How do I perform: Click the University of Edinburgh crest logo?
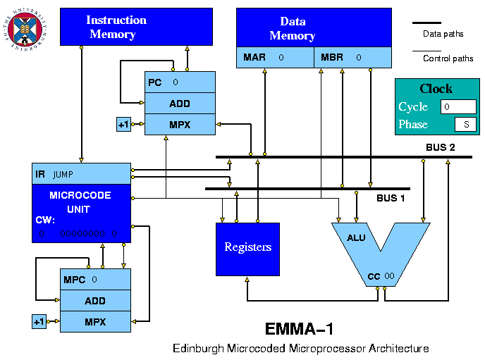pyautogui.click(x=26, y=27)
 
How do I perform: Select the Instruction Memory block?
pyautogui.click(x=116, y=27)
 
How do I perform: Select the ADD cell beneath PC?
pyautogui.click(x=180, y=104)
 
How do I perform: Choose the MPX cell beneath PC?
pyautogui.click(x=180, y=125)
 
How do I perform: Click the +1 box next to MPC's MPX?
pyautogui.click(x=39, y=322)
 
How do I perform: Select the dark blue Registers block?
pyautogui.click(x=247, y=249)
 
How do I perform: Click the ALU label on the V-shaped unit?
pyautogui.click(x=356, y=237)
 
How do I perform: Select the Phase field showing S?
pyautogui.click(x=465, y=125)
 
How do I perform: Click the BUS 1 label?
pyautogui.click(x=390, y=198)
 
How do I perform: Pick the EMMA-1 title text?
pyautogui.click(x=300, y=329)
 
